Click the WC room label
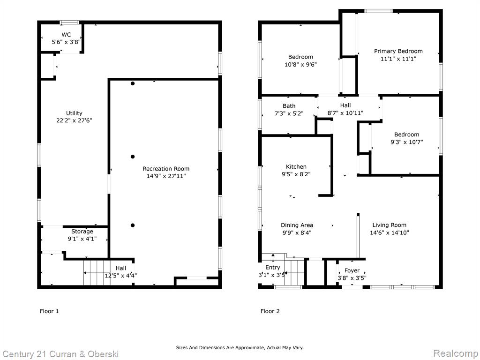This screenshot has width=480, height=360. point(66,35)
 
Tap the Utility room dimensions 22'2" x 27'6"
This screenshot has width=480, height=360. point(74,120)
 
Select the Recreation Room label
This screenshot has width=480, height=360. point(166,169)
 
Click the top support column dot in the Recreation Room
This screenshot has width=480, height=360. point(133,83)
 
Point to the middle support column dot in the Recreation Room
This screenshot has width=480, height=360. point(133,157)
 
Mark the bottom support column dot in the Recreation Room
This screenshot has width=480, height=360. point(133,225)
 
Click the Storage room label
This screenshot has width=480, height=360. point(82,232)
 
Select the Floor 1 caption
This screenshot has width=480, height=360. point(49,311)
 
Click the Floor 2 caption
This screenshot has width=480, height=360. point(270,311)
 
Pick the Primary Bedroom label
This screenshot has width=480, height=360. point(398,51)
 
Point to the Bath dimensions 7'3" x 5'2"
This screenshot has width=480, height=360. point(289,113)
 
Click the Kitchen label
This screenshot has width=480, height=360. point(296,167)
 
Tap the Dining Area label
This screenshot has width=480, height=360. point(297,225)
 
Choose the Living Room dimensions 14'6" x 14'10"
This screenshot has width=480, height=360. point(390,232)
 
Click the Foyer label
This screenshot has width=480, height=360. point(352,270)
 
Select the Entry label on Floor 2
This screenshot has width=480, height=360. point(272,268)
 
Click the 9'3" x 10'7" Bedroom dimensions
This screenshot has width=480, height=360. point(406,142)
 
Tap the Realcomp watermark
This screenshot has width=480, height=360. point(455,353)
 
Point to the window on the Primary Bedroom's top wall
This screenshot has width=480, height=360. point(378,11)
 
